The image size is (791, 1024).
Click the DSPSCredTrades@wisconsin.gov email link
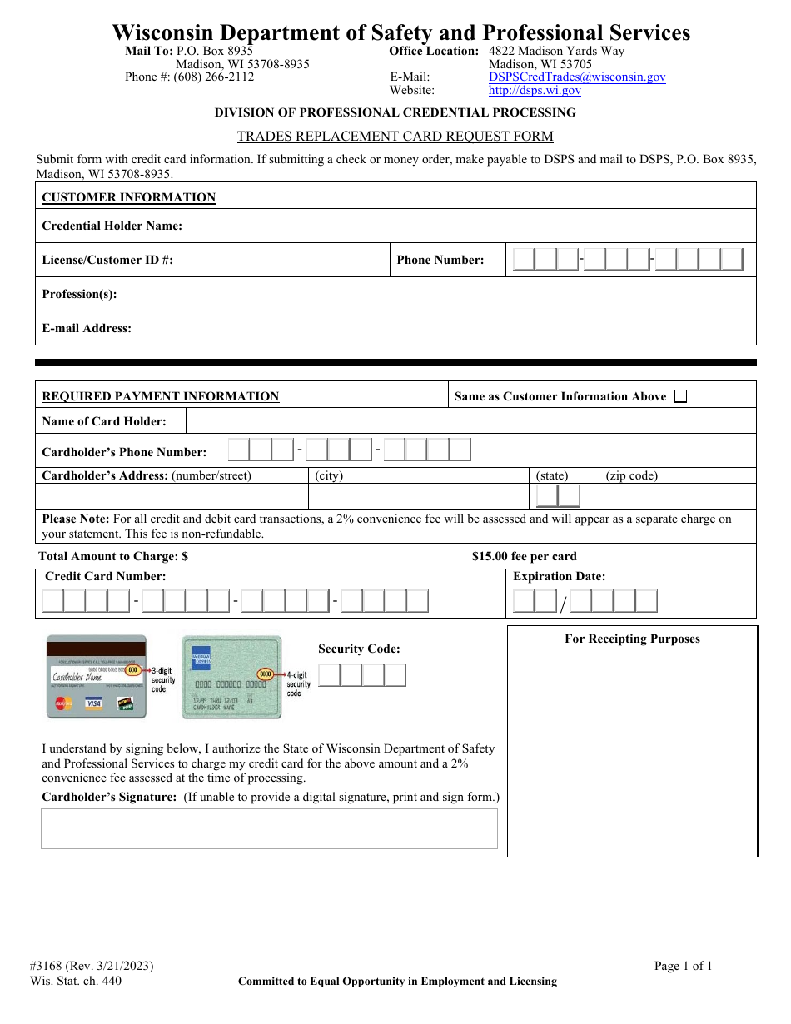tap(577, 77)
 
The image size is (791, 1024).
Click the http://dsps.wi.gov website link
tap(535, 91)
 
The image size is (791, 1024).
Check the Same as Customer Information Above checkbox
tap(680, 396)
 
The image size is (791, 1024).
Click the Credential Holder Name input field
tap(473, 226)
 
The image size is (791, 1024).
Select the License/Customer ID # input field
tap(291, 260)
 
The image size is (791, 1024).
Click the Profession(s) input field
tap(473, 294)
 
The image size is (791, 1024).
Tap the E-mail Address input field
tap(473, 328)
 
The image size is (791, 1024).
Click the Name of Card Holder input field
tap(470, 421)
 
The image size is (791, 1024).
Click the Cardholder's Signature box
tap(269, 828)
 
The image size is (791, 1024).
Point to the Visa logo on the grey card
tap(94, 703)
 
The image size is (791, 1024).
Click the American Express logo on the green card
tap(201, 655)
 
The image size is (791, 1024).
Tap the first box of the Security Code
tap(330, 675)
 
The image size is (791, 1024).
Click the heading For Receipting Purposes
tap(632, 639)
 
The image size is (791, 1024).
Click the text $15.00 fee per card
tap(524, 556)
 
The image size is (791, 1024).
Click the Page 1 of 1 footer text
tap(683, 966)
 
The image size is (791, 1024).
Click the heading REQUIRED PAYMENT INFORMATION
tap(161, 396)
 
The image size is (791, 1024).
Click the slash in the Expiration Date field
tap(563, 604)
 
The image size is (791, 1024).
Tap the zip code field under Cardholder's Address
tap(677, 496)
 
